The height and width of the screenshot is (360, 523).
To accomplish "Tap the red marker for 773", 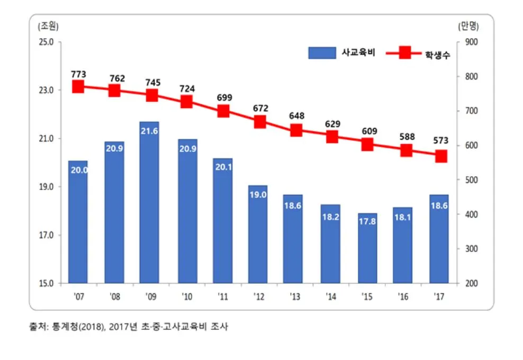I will [x=78, y=87].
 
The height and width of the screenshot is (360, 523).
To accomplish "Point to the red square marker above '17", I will [x=441, y=157].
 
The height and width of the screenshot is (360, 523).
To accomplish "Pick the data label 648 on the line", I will [x=296, y=115].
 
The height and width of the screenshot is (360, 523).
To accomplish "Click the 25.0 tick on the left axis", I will [x=47, y=42].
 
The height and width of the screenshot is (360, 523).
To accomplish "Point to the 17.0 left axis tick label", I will [x=47, y=235].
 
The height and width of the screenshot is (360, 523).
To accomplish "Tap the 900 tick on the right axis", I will [x=471, y=42].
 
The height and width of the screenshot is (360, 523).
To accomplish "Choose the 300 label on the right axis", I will [x=471, y=249].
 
